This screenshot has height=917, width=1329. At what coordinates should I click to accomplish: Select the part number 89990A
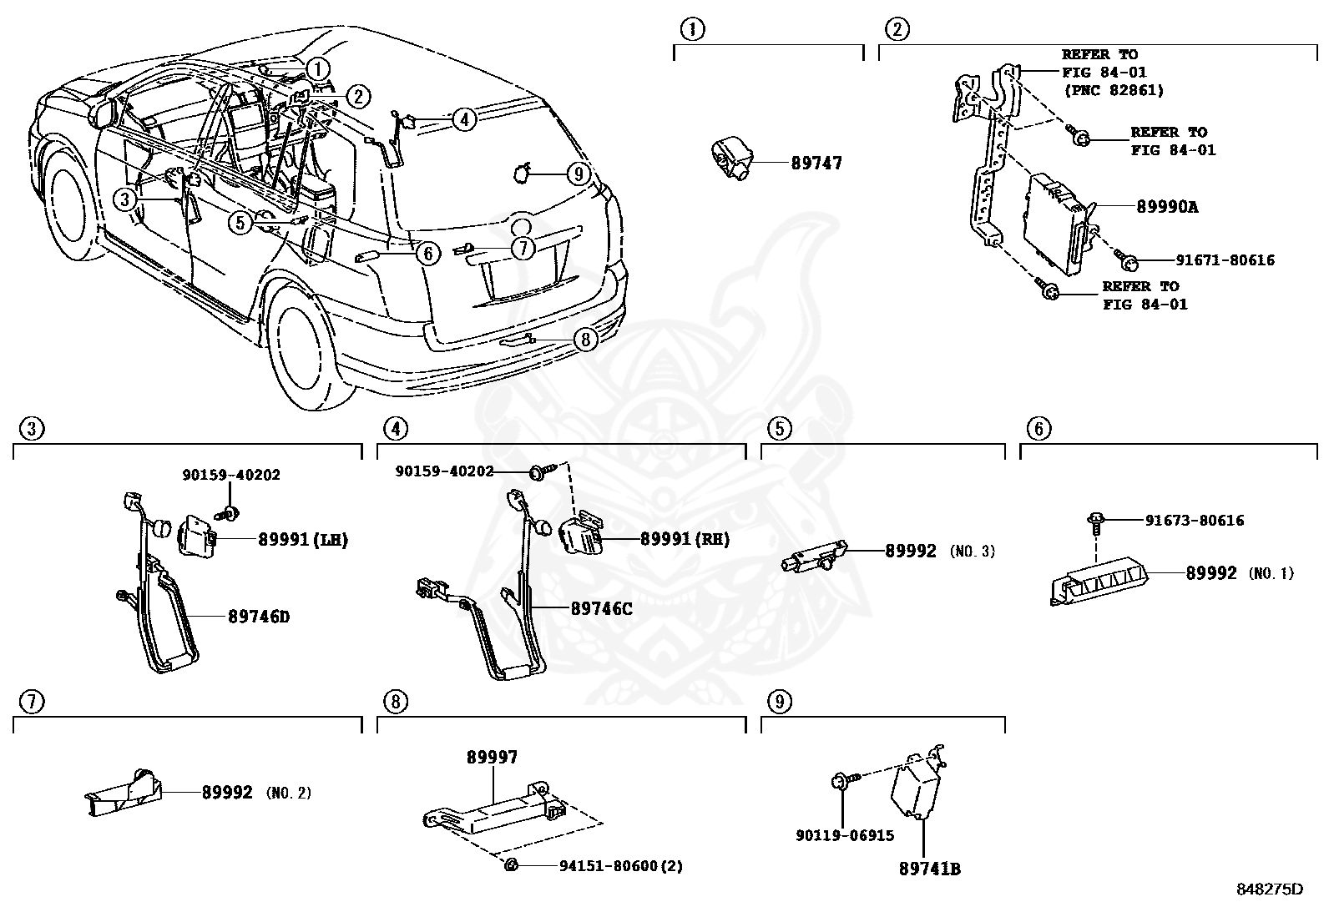coord(1166,207)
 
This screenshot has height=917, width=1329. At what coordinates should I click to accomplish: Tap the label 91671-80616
coord(1225,260)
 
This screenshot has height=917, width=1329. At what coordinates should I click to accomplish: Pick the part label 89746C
coord(601,609)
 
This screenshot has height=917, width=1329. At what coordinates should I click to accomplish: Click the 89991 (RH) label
coord(685,540)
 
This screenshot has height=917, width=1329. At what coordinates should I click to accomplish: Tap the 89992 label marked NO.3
coord(911,552)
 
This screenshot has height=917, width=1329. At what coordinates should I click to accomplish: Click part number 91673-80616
coord(1194,521)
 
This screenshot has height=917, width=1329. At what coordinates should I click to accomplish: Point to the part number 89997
coord(492,758)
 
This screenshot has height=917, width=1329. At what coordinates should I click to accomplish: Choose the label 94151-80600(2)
coord(620,866)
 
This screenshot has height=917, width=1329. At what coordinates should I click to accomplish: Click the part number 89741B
coord(929,869)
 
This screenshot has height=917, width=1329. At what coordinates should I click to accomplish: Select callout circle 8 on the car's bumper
coord(585,339)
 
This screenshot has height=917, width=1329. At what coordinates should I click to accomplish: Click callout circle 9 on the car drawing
coord(578,174)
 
